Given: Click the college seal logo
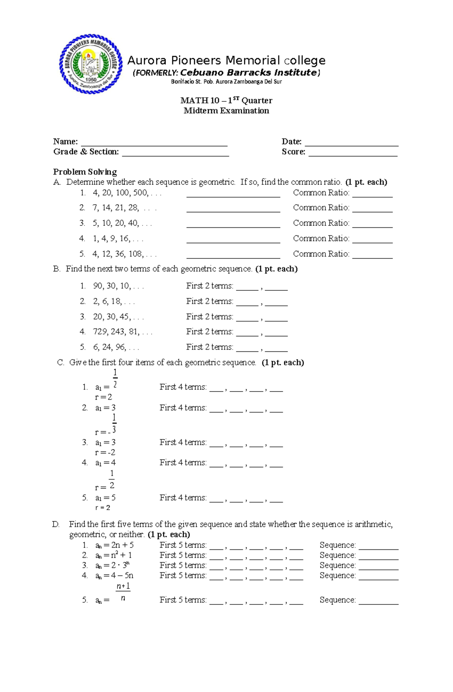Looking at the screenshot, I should pos(91,64).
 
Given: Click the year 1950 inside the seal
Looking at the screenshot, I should pos(91,80).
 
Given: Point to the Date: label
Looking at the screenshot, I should pos(291,141).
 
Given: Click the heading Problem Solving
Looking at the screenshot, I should pos(85,172).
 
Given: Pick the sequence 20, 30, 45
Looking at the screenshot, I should pos(112,317).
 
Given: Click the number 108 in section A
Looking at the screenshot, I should pos(136,254).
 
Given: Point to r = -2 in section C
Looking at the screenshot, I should pos(105,453).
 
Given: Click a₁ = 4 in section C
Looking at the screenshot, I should pos(105,463).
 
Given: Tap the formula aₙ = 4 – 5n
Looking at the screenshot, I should pos(114,576).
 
